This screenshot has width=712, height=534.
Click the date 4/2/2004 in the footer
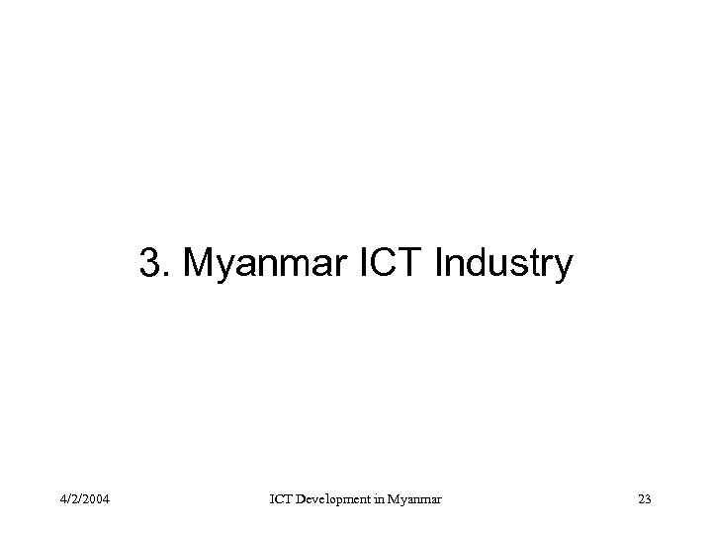coord(84,498)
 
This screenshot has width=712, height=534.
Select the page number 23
coord(644,498)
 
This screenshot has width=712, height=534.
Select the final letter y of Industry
coord(563,267)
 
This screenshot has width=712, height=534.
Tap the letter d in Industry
coord(471,264)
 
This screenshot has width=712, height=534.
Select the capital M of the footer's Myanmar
coord(397,498)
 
